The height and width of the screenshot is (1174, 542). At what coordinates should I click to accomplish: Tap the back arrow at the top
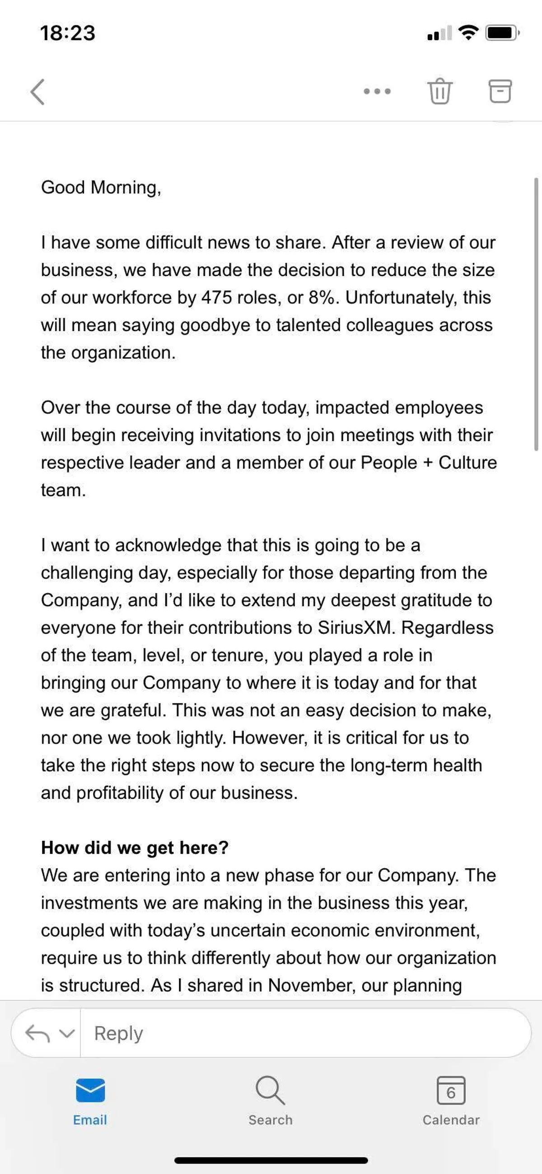coord(38,92)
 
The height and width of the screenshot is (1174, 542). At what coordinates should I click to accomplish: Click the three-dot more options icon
coord(377,92)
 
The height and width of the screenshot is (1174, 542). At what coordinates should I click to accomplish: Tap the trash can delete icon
coord(439,91)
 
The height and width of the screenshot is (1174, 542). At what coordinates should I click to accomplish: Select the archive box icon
coord(500,91)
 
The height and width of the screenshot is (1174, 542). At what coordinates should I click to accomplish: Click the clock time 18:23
coord(68,33)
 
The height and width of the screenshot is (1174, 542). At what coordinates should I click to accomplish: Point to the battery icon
coord(502,33)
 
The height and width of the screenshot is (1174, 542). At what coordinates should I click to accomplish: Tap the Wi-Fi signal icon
coord(468,33)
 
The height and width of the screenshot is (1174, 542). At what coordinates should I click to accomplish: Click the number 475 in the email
coord(216,297)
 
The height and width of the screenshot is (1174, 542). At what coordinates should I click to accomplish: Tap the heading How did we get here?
coord(135,848)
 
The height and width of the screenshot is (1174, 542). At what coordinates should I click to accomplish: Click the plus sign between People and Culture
coord(428,462)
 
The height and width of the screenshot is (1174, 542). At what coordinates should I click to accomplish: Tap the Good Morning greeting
coord(101,187)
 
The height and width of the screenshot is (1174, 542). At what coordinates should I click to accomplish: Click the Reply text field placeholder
coord(118,1033)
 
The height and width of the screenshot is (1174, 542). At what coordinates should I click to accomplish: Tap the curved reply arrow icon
coord(38,1033)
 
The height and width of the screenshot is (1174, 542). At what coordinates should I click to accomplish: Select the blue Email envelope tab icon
coord(90,1091)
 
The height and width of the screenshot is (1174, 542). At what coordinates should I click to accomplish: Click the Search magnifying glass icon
coord(270,1091)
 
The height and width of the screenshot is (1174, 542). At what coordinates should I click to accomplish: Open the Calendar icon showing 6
coord(451,1091)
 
